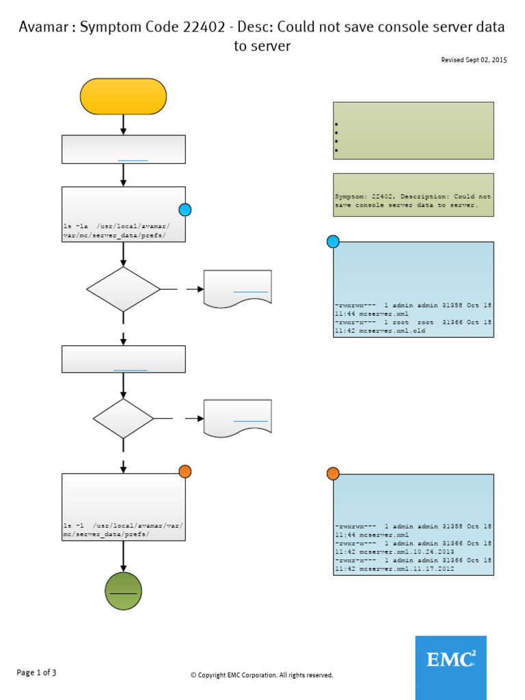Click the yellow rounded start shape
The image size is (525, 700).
pyautogui.click(x=123, y=96)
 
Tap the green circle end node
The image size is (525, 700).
pyautogui.click(x=123, y=591)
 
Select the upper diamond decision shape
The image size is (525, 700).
pyautogui.click(x=123, y=289)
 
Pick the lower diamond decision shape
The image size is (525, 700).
pyautogui.click(x=123, y=418)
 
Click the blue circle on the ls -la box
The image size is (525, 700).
pyautogui.click(x=185, y=210)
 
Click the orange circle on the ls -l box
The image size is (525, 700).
pyautogui.click(x=185, y=471)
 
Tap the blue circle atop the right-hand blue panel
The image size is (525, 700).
pyautogui.click(x=333, y=241)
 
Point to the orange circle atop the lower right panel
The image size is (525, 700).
pyautogui.click(x=333, y=474)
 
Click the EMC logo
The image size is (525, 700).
pyautogui.click(x=450, y=667)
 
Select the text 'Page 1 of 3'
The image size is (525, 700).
pyautogui.click(x=36, y=673)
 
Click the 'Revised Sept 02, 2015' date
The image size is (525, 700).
pyautogui.click(x=474, y=61)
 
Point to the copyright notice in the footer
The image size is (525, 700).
pyautogui.click(x=262, y=675)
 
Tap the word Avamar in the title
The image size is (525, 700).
pyautogui.click(x=46, y=27)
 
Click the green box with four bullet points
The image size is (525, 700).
pyautogui.click(x=413, y=131)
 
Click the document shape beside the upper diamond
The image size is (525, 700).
pyautogui.click(x=237, y=288)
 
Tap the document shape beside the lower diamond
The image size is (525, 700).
pyautogui.click(x=237, y=416)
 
